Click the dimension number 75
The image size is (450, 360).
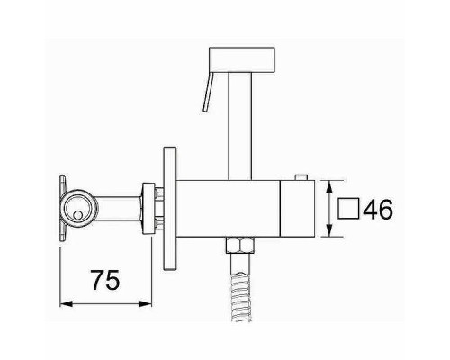pos(105,280)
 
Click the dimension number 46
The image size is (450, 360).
pos(378,209)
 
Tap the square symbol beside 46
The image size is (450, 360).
pos(348,209)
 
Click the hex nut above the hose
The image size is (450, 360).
pos(240,246)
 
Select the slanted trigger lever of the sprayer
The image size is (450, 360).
pos(208,92)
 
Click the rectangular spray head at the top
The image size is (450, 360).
pos(242,59)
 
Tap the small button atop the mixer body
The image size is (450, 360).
pos(301,177)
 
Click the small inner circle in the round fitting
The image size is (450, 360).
pos(77,215)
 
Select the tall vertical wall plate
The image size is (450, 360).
pos(170,209)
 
